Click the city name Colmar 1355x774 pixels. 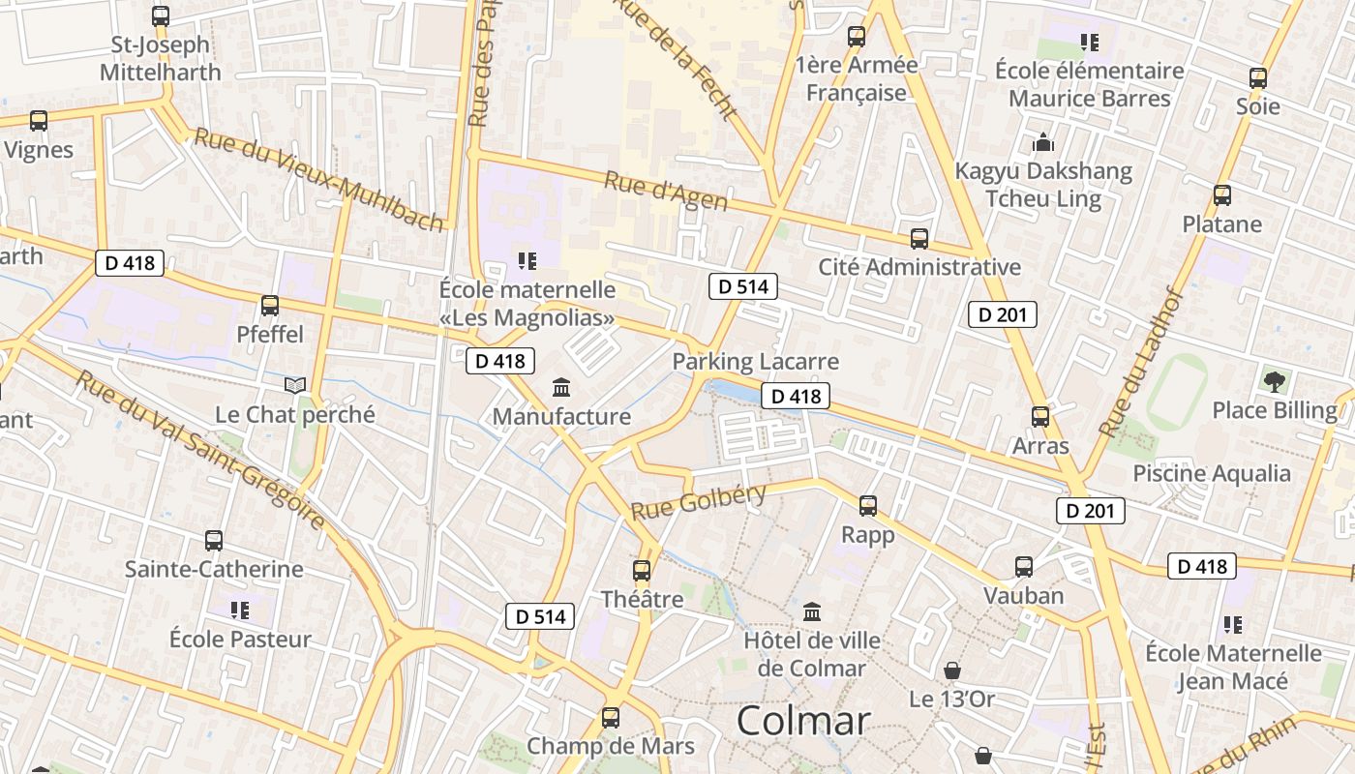pos(802,721)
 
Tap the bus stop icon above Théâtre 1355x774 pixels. pos(642,571)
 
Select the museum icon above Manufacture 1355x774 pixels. pos(560,389)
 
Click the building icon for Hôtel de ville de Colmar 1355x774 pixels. pos(812,612)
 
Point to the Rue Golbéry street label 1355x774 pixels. pos(699,501)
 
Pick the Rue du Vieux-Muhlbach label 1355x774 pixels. pos(318,178)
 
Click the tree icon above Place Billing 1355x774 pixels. pos(1275,381)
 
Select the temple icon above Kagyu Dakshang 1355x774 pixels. pos(1043,143)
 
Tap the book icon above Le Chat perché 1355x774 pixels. pos(294,386)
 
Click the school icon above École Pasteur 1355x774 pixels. pos(240,610)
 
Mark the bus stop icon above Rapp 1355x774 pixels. pos(868,506)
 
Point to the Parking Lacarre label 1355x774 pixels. pos(755,362)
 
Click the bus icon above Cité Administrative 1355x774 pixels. pos(919,238)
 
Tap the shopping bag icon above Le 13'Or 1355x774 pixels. pos(952,670)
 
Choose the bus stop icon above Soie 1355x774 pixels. pos(1258,78)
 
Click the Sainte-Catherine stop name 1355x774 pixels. pos(214,569)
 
